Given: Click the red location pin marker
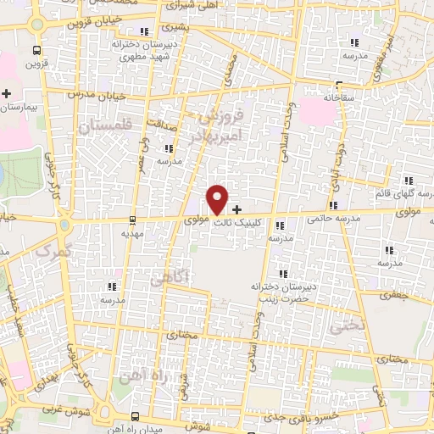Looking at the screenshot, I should pyautogui.click(x=218, y=198).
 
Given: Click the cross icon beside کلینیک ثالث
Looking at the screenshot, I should pyautogui.click(x=236, y=209).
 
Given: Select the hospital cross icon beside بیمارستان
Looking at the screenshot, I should pyautogui.click(x=7, y=93).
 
